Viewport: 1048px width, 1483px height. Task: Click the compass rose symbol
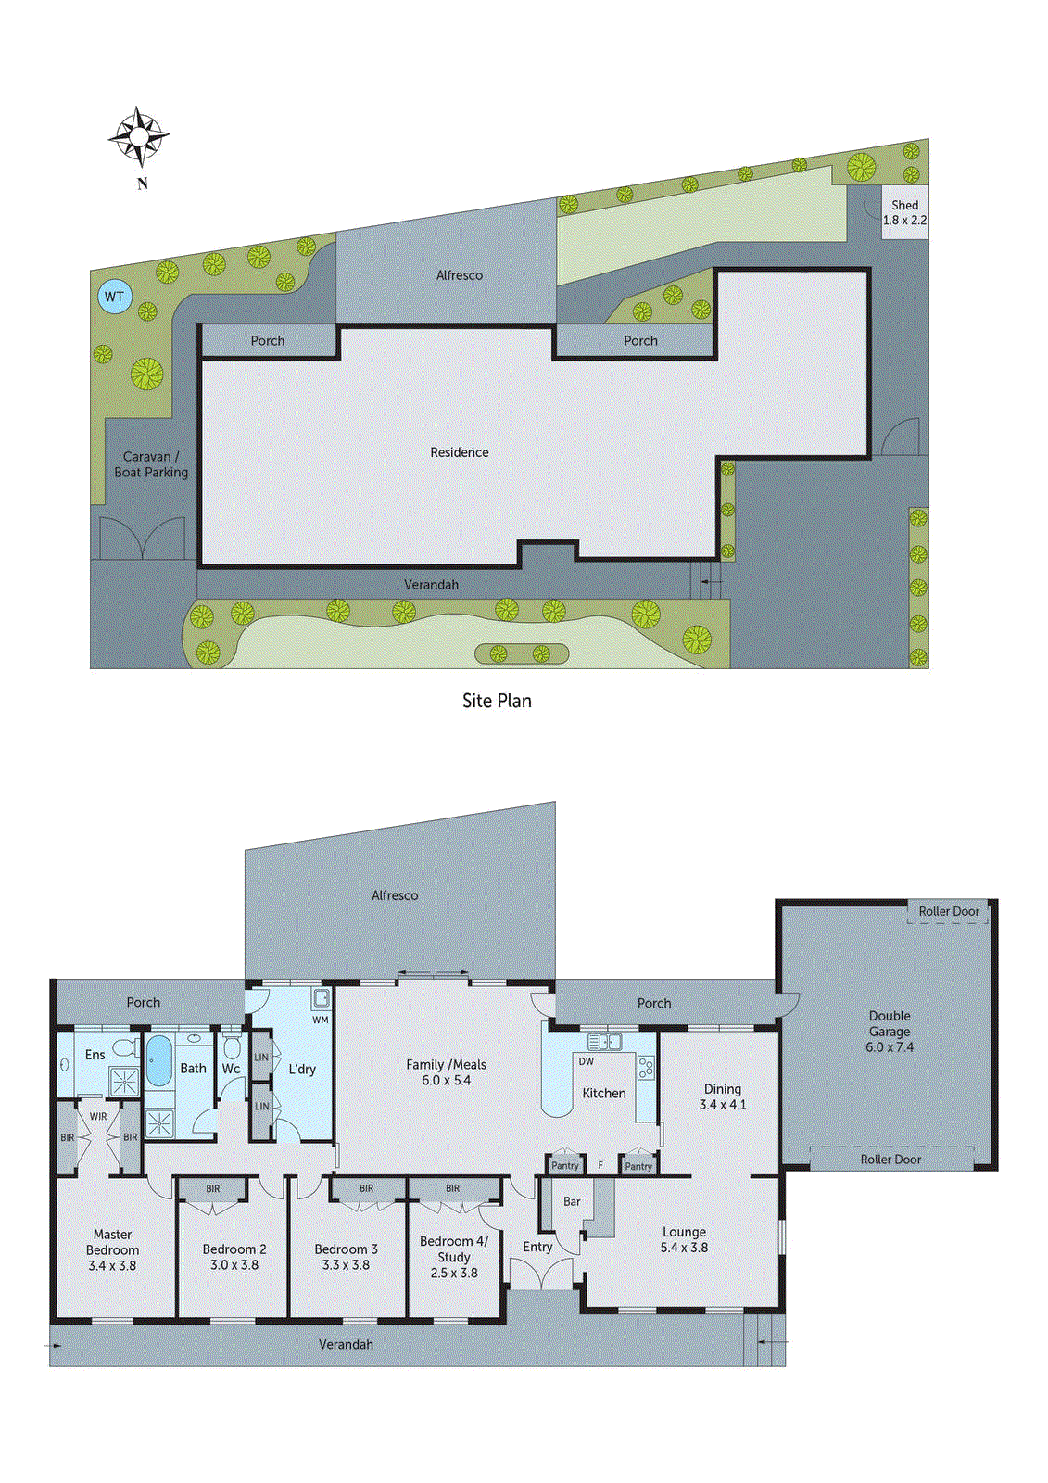(139, 137)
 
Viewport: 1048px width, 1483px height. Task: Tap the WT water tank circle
(114, 297)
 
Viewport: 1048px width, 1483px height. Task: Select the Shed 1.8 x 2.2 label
(904, 212)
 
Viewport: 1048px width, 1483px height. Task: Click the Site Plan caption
(497, 701)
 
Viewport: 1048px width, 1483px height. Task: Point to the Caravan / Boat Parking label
(151, 464)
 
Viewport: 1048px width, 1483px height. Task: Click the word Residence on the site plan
(459, 452)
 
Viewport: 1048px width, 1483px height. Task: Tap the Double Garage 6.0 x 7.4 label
(889, 1032)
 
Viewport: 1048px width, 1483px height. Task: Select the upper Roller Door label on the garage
(949, 911)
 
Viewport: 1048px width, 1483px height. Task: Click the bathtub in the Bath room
(159, 1061)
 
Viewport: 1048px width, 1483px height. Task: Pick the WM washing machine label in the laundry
(320, 1020)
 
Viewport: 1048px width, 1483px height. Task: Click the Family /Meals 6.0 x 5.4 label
(446, 1072)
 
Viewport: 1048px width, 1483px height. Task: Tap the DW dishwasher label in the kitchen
(586, 1061)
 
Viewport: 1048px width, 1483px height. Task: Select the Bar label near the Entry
(572, 1201)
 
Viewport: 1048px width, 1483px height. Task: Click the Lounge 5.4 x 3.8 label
(684, 1239)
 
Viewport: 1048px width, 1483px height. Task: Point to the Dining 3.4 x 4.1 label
(722, 1096)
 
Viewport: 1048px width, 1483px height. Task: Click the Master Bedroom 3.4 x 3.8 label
(112, 1249)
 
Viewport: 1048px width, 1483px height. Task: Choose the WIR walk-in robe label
(98, 1117)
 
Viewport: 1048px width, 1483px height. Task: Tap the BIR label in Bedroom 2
(213, 1188)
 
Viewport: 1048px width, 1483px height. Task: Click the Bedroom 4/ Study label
(453, 1256)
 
